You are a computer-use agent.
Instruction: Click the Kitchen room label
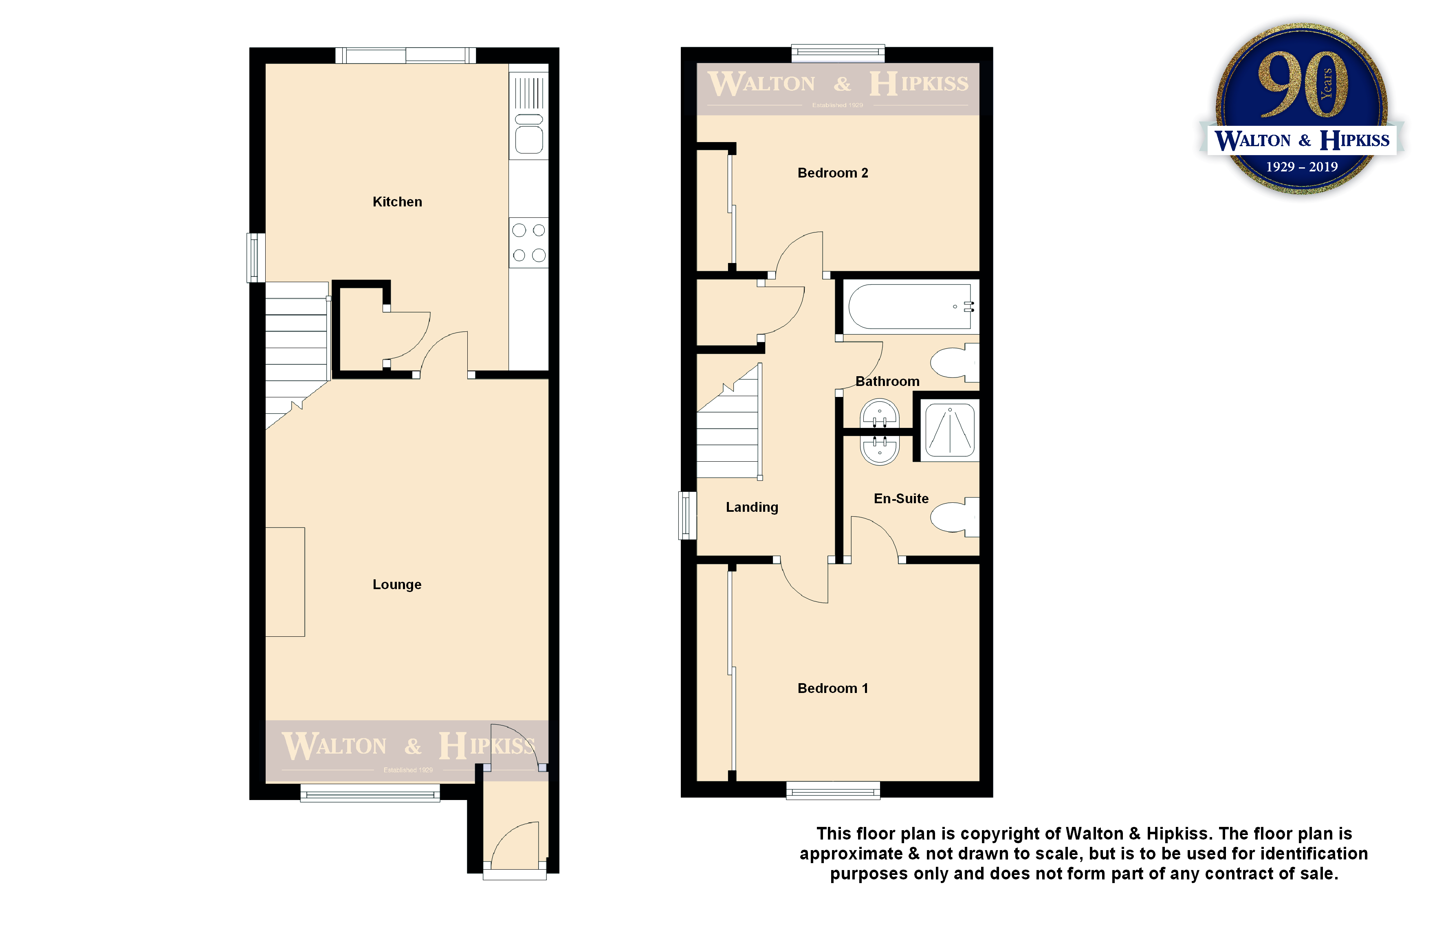pyautogui.click(x=397, y=202)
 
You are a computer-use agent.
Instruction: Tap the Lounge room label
pyautogui.click(x=397, y=585)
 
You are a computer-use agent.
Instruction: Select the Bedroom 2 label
pyautogui.click(x=833, y=173)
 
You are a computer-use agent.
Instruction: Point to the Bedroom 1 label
pyautogui.click(x=833, y=688)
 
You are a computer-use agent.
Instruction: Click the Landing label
pyautogui.click(x=752, y=507)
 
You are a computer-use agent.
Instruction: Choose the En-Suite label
pyautogui.click(x=901, y=499)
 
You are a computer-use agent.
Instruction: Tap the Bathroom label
pyautogui.click(x=887, y=381)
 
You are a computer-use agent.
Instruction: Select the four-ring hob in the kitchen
pyautogui.click(x=529, y=243)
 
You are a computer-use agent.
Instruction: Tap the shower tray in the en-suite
pyautogui.click(x=950, y=430)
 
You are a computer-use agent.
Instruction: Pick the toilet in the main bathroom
pyautogui.click(x=955, y=363)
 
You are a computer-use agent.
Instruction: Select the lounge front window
pyautogui.click(x=370, y=793)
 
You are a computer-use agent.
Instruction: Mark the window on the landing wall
pyautogui.click(x=688, y=515)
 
